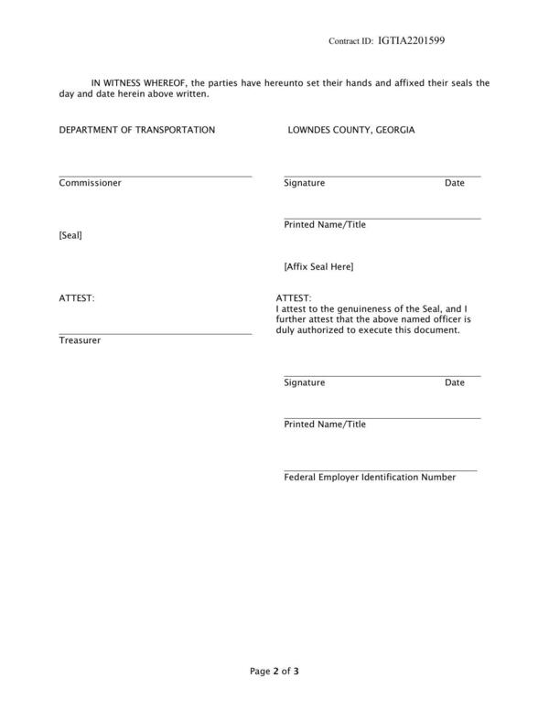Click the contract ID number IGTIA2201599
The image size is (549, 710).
pyautogui.click(x=411, y=41)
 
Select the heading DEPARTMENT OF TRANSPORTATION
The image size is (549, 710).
pyautogui.click(x=137, y=130)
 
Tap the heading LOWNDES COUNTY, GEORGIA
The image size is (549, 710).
pyautogui.click(x=351, y=130)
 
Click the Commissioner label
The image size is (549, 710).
pyautogui.click(x=91, y=183)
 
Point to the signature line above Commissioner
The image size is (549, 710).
pyautogui.click(x=156, y=176)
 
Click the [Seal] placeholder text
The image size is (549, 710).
pyautogui.click(x=70, y=235)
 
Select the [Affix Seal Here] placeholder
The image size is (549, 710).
pyautogui.click(x=318, y=267)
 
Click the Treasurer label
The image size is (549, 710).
pyautogui.click(x=80, y=340)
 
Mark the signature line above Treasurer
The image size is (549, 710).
pyautogui.click(x=156, y=334)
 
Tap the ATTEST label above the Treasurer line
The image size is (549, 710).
pyautogui.click(x=77, y=298)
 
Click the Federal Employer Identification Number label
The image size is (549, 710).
pyautogui.click(x=370, y=478)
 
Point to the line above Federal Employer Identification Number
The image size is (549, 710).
pyautogui.click(x=381, y=470)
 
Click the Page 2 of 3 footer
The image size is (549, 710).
pyautogui.click(x=274, y=672)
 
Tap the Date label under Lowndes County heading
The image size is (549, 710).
pyautogui.click(x=455, y=183)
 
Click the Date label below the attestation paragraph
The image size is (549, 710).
pyautogui.click(x=455, y=382)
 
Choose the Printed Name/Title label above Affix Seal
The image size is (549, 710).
pyautogui.click(x=325, y=225)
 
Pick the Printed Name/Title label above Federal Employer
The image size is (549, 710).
pyautogui.click(x=325, y=425)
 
